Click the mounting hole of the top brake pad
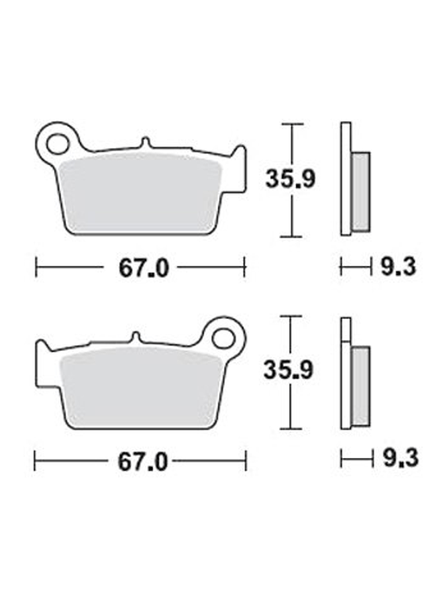click(57, 143)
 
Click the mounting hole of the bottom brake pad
click(223, 338)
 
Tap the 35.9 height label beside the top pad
click(290, 179)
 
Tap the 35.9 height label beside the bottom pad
click(288, 370)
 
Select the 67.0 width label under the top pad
click(144, 268)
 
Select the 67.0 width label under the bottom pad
click(143, 462)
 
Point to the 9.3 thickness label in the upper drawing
click(398, 266)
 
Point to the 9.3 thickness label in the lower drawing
click(400, 458)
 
